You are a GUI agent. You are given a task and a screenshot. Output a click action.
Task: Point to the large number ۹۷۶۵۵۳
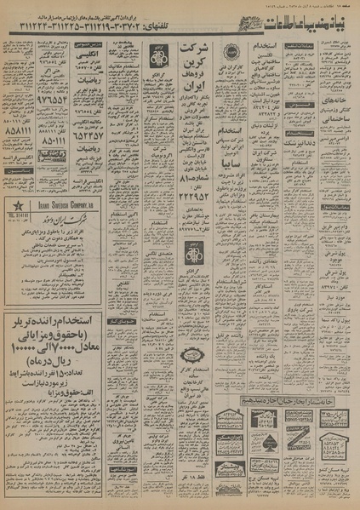(25, 98)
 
